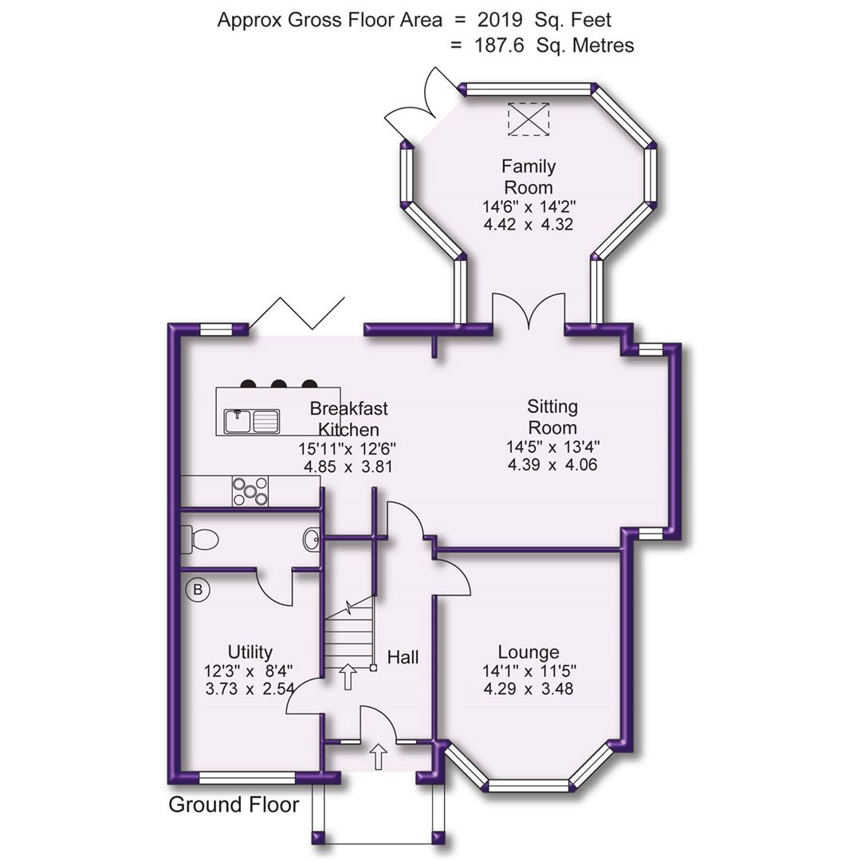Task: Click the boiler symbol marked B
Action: click(x=197, y=591)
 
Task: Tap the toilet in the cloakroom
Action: click(x=200, y=541)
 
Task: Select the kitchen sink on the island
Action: click(x=252, y=420)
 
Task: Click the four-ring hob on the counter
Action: click(x=250, y=491)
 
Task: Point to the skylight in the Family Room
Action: click(x=529, y=120)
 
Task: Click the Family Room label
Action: click(x=529, y=177)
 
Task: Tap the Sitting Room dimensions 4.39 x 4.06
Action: click(x=552, y=465)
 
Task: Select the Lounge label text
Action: click(x=528, y=652)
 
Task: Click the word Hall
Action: click(x=403, y=658)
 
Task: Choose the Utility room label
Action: click(x=250, y=652)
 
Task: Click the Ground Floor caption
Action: click(x=234, y=805)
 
